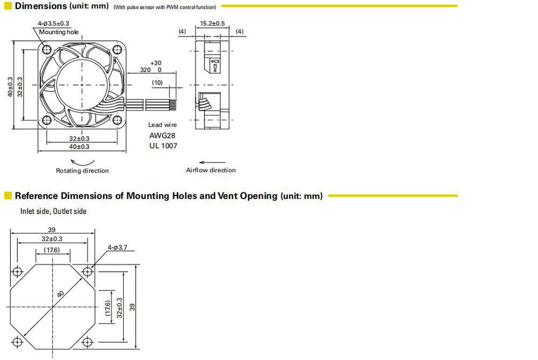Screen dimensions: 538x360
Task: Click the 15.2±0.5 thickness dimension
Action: point(213,23)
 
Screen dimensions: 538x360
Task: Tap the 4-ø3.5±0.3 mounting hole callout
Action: point(53,23)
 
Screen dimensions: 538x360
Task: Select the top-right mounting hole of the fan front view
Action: point(117,50)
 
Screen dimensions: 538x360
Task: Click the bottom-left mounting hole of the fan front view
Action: point(47,120)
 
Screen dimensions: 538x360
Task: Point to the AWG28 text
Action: point(162,136)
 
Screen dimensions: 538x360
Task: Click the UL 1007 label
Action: point(164,146)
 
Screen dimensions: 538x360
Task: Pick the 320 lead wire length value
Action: point(145,70)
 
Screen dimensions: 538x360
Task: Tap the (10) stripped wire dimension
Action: point(157,83)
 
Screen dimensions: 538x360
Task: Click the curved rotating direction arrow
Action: point(82,163)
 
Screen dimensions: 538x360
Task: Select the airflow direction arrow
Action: point(213,163)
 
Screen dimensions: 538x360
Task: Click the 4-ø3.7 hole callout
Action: point(117,247)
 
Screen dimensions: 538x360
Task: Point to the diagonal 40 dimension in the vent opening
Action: point(60,294)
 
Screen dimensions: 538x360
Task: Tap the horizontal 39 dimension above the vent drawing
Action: point(52,230)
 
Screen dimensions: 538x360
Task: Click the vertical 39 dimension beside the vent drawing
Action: point(132,307)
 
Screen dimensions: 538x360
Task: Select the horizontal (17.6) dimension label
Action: point(52,250)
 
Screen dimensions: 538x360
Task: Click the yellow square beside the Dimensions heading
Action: point(8,6)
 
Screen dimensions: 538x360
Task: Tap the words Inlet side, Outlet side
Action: point(53,211)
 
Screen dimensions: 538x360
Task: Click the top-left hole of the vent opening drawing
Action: point(17,272)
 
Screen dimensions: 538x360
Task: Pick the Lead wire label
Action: point(162,125)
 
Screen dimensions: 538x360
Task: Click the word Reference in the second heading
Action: point(37,196)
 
